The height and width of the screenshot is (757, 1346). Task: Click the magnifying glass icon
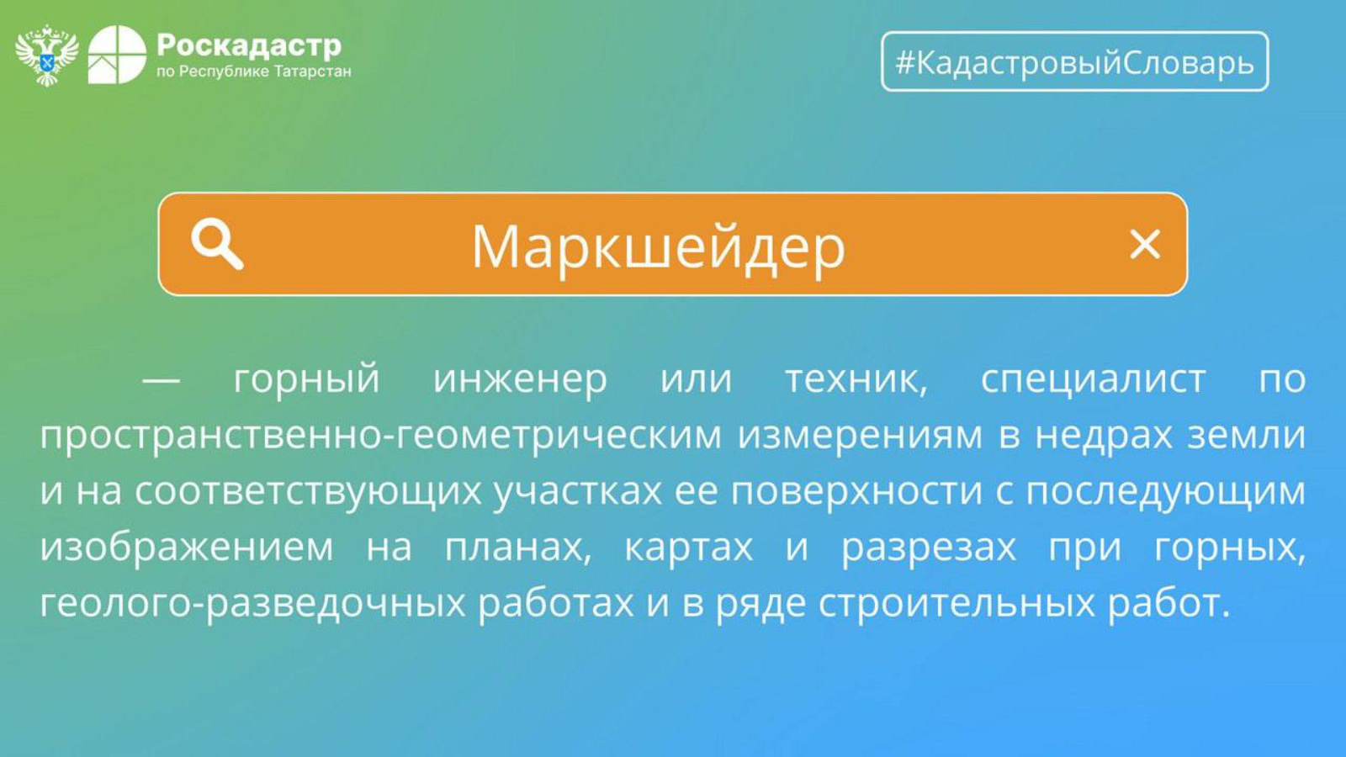pos(217,243)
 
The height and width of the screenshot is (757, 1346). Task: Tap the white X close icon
pos(1145,244)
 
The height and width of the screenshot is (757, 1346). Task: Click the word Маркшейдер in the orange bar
pos(658,247)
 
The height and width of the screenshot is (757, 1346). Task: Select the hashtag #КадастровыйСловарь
pos(1074,62)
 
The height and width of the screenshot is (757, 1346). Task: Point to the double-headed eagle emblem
pos(47,56)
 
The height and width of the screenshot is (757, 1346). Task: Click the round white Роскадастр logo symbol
pos(117,55)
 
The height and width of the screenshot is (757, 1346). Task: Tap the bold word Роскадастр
pos(249,45)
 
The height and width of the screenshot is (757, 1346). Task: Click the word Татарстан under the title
pos(312,72)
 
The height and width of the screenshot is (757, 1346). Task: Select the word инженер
pos(520,379)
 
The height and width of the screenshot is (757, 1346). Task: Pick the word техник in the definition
pos(856,379)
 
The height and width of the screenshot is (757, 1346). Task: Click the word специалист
pos(1093,379)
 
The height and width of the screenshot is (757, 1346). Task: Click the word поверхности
pos(856,491)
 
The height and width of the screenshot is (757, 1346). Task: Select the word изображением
pos(186,548)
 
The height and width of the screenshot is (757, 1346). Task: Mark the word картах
pos(689,548)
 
